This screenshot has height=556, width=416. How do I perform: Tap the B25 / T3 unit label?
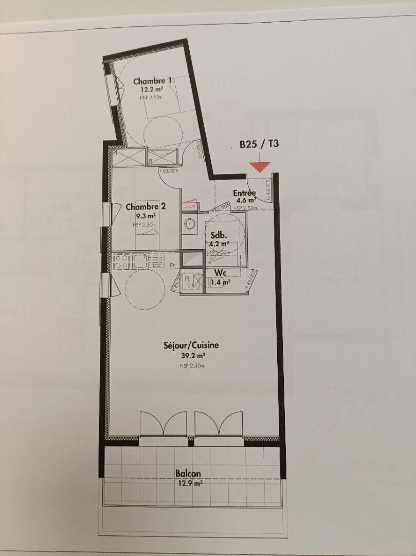(259, 144)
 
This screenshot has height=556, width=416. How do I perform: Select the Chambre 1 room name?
(152, 81)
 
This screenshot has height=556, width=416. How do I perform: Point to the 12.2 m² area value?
(152, 89)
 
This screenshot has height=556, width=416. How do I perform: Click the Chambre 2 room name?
(146, 207)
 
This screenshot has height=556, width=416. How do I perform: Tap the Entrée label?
(244, 193)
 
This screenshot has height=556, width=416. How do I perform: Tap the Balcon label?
(188, 474)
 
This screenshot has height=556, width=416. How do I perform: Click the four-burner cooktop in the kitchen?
(121, 261)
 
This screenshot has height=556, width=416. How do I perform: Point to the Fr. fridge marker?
(173, 266)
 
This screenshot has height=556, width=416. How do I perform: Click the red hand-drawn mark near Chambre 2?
(189, 204)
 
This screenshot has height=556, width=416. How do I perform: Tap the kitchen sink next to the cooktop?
(141, 261)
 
